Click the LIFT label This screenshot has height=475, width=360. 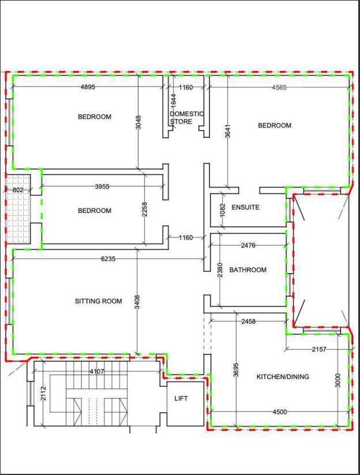coord(181,398)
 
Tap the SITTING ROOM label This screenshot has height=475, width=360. coord(99,301)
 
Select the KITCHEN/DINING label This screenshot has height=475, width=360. coord(283,376)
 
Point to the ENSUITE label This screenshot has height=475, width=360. coord(246,207)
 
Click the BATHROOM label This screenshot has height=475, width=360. coord(248,270)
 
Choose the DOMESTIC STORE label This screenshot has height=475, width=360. coord(186,118)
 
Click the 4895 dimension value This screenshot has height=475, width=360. coord(88,87)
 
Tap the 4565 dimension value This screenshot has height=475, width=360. coord(279,88)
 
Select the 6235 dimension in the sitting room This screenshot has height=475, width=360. coord(108,259)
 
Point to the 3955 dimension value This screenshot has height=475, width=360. coord(102,186)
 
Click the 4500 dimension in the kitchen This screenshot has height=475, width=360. coord(280,412)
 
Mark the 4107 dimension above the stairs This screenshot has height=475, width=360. coord(97,371)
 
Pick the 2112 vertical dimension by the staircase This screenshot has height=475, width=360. coord(43,393)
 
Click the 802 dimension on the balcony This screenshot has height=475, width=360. coord(18,190)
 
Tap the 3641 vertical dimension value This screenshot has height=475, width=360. coord(228,131)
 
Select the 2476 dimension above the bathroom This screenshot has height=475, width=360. coord(248,245)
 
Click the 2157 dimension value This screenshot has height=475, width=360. coord(319,349)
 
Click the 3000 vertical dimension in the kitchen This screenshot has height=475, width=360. coord(338,380)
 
